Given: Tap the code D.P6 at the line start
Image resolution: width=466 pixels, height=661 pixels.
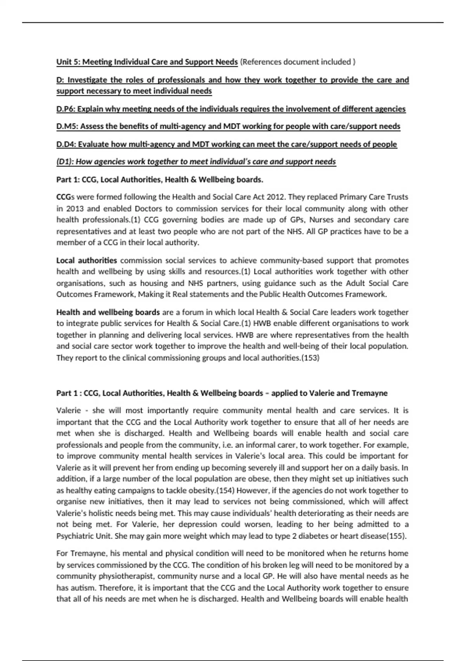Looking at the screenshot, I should [x=65, y=109].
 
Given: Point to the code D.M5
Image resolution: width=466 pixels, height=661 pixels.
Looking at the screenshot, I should [x=66, y=126].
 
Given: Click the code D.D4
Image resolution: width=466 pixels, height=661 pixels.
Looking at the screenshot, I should [x=65, y=144].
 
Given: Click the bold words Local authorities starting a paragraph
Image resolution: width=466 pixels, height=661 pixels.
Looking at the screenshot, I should [x=87, y=260].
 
